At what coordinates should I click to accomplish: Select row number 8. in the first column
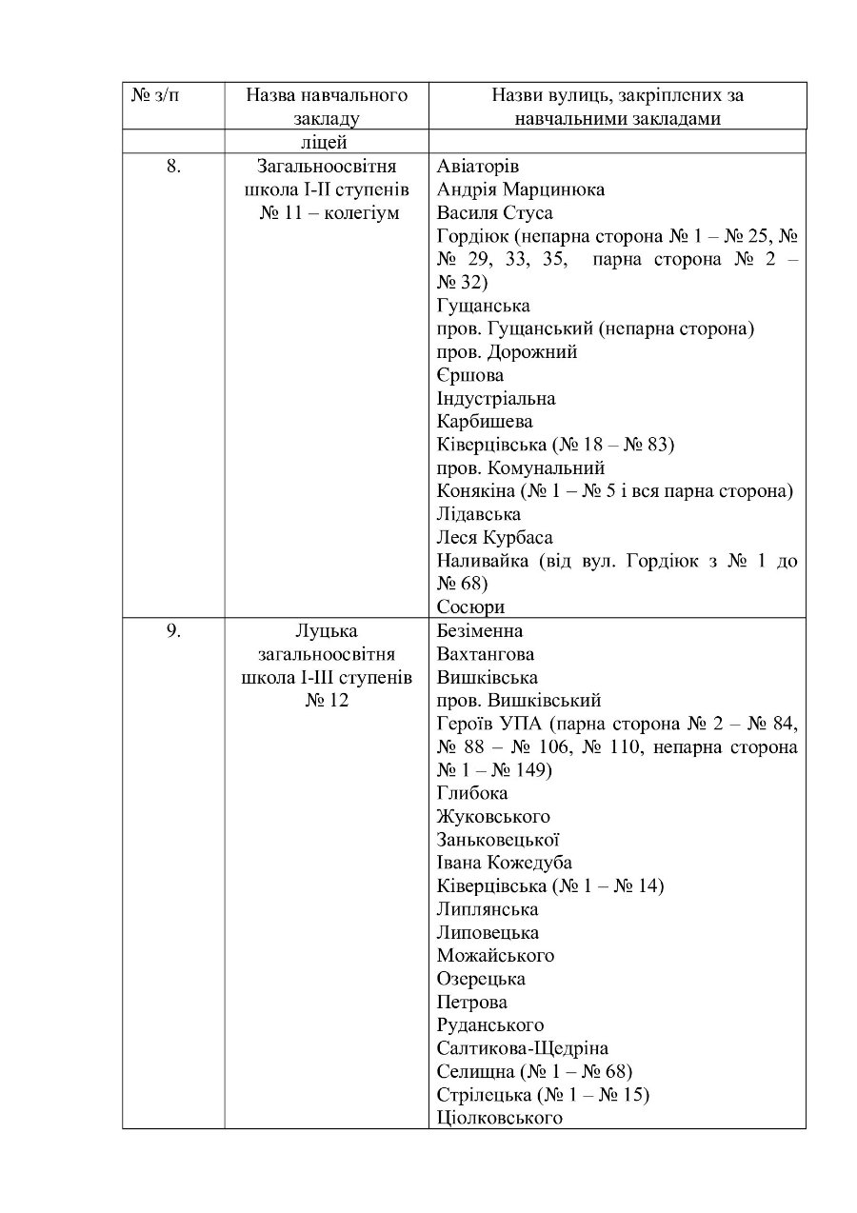click(173, 166)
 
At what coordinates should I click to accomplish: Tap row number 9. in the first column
click(173, 630)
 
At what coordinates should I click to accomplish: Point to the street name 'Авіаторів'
click(478, 166)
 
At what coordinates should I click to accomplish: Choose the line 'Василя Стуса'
click(495, 212)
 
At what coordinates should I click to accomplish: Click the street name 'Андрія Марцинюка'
click(521, 189)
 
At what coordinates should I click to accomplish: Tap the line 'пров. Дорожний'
click(508, 352)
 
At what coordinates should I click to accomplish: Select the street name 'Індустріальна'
click(496, 399)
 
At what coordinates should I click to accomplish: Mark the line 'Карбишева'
click(485, 422)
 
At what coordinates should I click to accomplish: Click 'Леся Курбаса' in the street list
click(495, 538)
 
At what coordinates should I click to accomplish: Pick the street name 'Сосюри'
click(470, 607)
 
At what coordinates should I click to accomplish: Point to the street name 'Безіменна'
click(480, 630)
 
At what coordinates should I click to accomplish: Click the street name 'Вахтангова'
click(486, 654)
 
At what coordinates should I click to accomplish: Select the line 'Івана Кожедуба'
click(505, 863)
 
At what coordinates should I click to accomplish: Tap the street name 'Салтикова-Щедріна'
click(523, 1048)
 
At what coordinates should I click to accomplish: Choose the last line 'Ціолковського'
click(500, 1118)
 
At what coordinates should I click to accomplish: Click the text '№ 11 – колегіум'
click(329, 212)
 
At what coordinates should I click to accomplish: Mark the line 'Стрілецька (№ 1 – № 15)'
click(543, 1095)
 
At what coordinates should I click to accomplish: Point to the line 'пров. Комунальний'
click(521, 468)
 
